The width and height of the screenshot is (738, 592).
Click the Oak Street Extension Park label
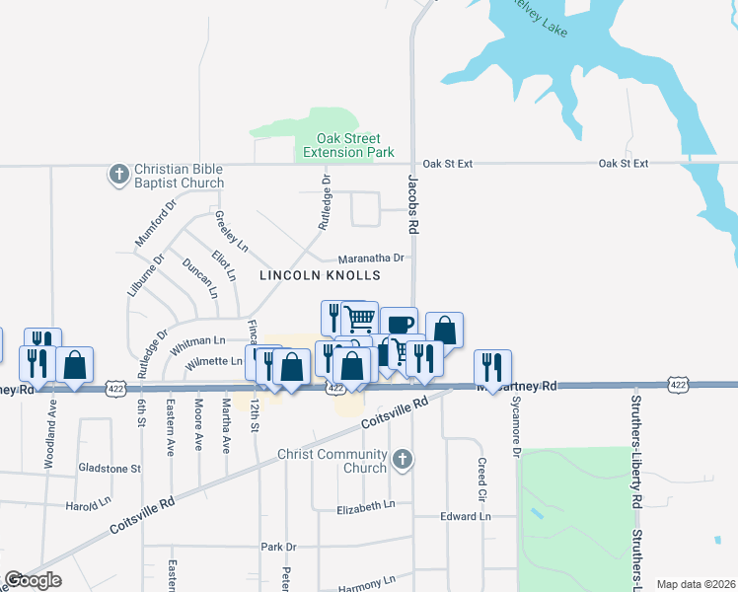click(348, 145)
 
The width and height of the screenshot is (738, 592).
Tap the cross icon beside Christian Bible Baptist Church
click(117, 175)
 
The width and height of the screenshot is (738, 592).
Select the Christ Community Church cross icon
click(402, 460)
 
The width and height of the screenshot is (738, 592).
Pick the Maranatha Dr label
click(371, 258)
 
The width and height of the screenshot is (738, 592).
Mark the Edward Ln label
click(465, 516)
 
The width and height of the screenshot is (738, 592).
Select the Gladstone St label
click(109, 469)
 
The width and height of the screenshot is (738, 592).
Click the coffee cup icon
click(400, 324)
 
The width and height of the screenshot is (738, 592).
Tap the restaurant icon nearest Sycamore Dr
click(491, 366)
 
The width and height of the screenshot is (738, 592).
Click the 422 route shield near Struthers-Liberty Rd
click(676, 383)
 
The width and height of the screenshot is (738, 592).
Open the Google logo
click(33, 580)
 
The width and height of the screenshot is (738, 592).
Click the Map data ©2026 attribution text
click(695, 584)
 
